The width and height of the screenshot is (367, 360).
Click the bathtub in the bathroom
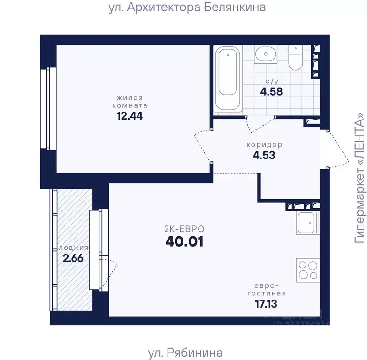[229, 78]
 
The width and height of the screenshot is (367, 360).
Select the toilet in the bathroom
[296, 58]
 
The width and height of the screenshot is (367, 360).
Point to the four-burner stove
[307, 270]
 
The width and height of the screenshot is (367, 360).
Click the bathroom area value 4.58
[271, 91]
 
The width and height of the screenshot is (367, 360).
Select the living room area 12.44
[130, 115]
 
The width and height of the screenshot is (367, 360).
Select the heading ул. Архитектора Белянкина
[183, 7]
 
